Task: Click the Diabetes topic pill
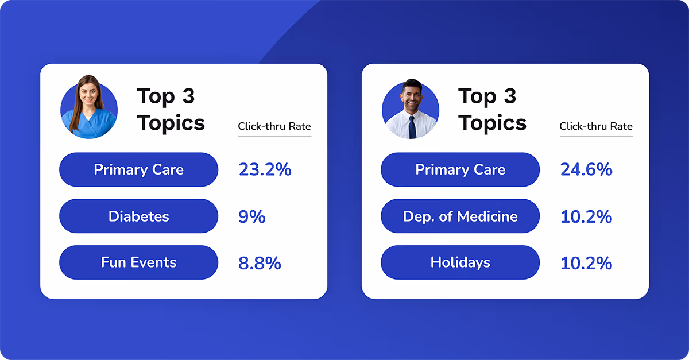point(138,216)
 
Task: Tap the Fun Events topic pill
point(138,262)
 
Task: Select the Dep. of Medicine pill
point(460,216)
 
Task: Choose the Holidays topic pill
point(460,262)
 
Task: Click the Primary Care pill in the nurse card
point(138,169)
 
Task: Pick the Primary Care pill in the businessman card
point(460,169)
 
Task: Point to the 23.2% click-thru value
point(265,169)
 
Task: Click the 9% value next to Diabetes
point(251,216)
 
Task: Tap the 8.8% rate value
point(260,263)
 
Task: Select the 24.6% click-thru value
point(586,169)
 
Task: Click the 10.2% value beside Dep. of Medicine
point(586,216)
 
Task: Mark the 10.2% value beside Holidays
point(586,263)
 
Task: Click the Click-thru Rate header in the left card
point(274,126)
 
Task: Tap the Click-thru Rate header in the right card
point(596,126)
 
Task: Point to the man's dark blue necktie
point(412,126)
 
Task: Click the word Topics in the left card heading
point(171,123)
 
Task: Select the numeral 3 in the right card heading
point(510,96)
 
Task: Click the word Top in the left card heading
point(156,96)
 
